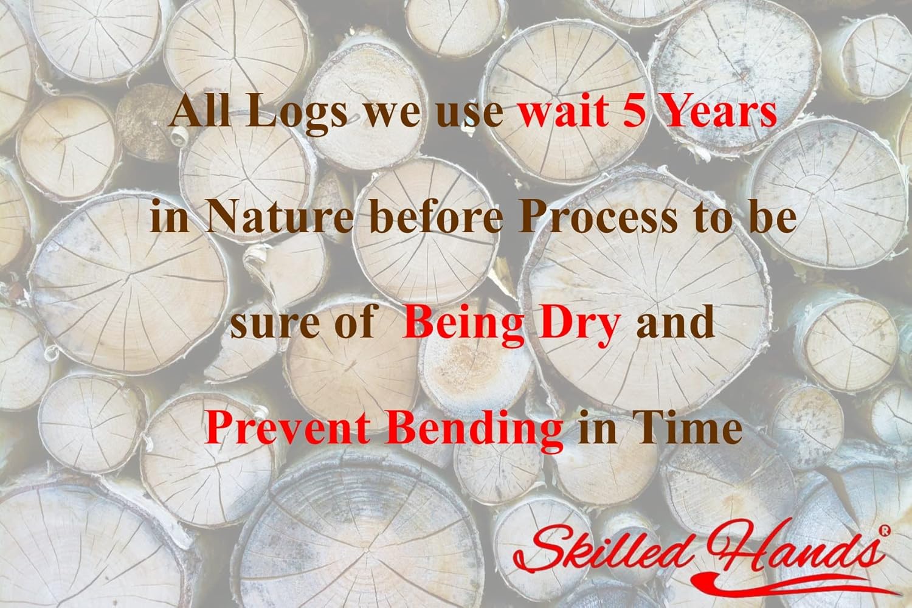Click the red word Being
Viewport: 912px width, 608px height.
pyautogui.click(x=463, y=326)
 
